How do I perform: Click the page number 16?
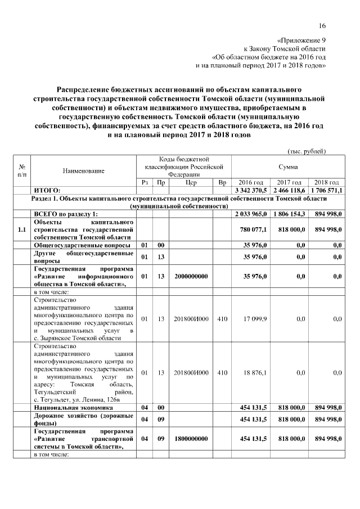tap(322, 25)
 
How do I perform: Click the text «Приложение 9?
tap(302, 41)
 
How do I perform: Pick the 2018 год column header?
tap(326, 183)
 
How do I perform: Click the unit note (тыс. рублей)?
tap(307, 151)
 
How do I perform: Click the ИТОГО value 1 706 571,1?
tap(326, 191)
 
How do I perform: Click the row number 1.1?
tap(22, 229)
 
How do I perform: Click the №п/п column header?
tap(22, 170)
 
